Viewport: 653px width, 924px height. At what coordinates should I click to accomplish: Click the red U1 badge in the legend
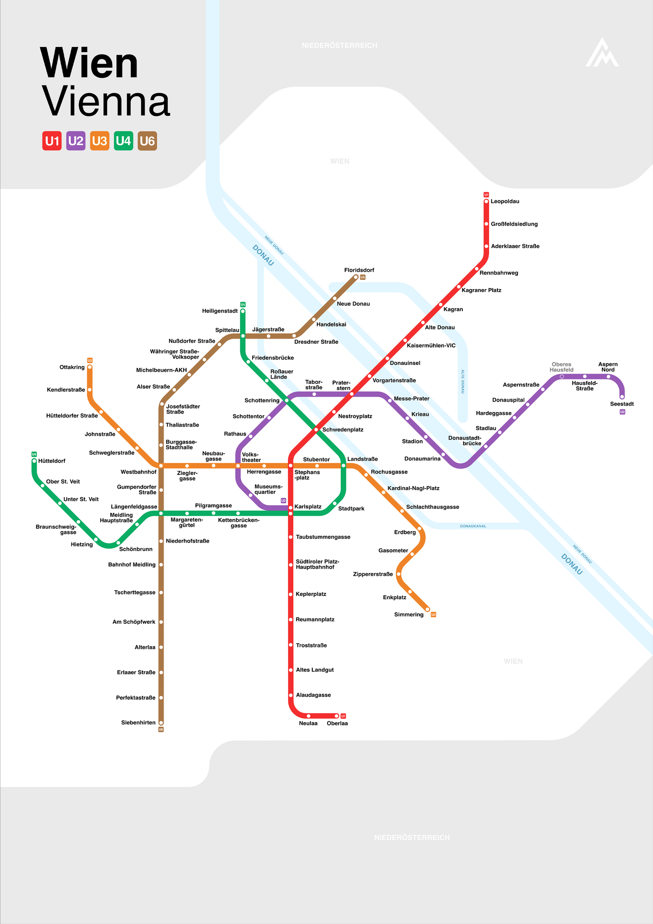[x=52, y=141]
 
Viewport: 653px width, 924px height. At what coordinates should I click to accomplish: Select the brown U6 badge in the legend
[x=147, y=141]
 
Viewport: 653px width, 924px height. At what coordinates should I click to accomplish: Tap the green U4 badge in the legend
[x=123, y=141]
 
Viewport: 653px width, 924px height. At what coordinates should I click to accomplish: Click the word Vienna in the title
[x=106, y=102]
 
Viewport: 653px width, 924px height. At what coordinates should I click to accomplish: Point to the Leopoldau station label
[x=505, y=201]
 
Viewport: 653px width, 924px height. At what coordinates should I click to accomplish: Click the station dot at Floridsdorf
[x=356, y=277]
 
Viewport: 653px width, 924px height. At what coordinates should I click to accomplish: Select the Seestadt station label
[x=622, y=404]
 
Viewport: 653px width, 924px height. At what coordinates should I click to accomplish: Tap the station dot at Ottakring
[x=89, y=367]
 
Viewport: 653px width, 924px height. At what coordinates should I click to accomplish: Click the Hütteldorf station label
[x=52, y=461]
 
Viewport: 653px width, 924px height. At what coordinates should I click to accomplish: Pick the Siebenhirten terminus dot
[x=161, y=723]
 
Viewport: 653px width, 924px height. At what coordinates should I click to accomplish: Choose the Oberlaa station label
[x=337, y=723]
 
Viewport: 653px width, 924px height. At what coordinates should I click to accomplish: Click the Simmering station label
[x=409, y=615]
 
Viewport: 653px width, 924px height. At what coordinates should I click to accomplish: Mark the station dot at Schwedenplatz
[x=316, y=430]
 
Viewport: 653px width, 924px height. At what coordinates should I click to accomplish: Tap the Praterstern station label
[x=341, y=385]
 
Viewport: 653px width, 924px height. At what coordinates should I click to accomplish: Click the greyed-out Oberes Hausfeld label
[x=561, y=367]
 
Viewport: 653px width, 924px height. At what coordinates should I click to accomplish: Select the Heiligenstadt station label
[x=220, y=311]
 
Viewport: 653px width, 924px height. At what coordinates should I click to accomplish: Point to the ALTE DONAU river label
[x=462, y=381]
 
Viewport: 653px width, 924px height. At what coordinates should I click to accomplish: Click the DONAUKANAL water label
[x=473, y=526]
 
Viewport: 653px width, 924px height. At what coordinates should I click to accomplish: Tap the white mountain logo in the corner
[x=602, y=52]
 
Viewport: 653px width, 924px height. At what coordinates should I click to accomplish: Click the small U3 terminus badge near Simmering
[x=433, y=615]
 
